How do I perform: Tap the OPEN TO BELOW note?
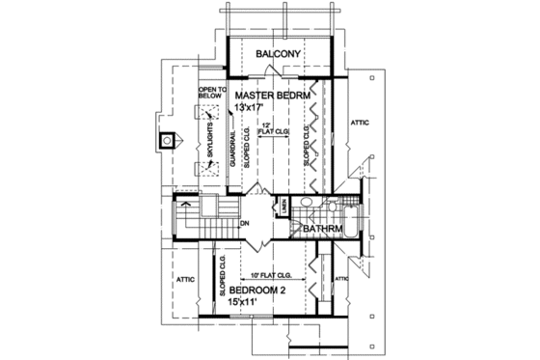(x=211, y=93)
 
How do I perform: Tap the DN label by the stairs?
(x=244, y=222)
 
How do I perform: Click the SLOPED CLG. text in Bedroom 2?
(x=221, y=274)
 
